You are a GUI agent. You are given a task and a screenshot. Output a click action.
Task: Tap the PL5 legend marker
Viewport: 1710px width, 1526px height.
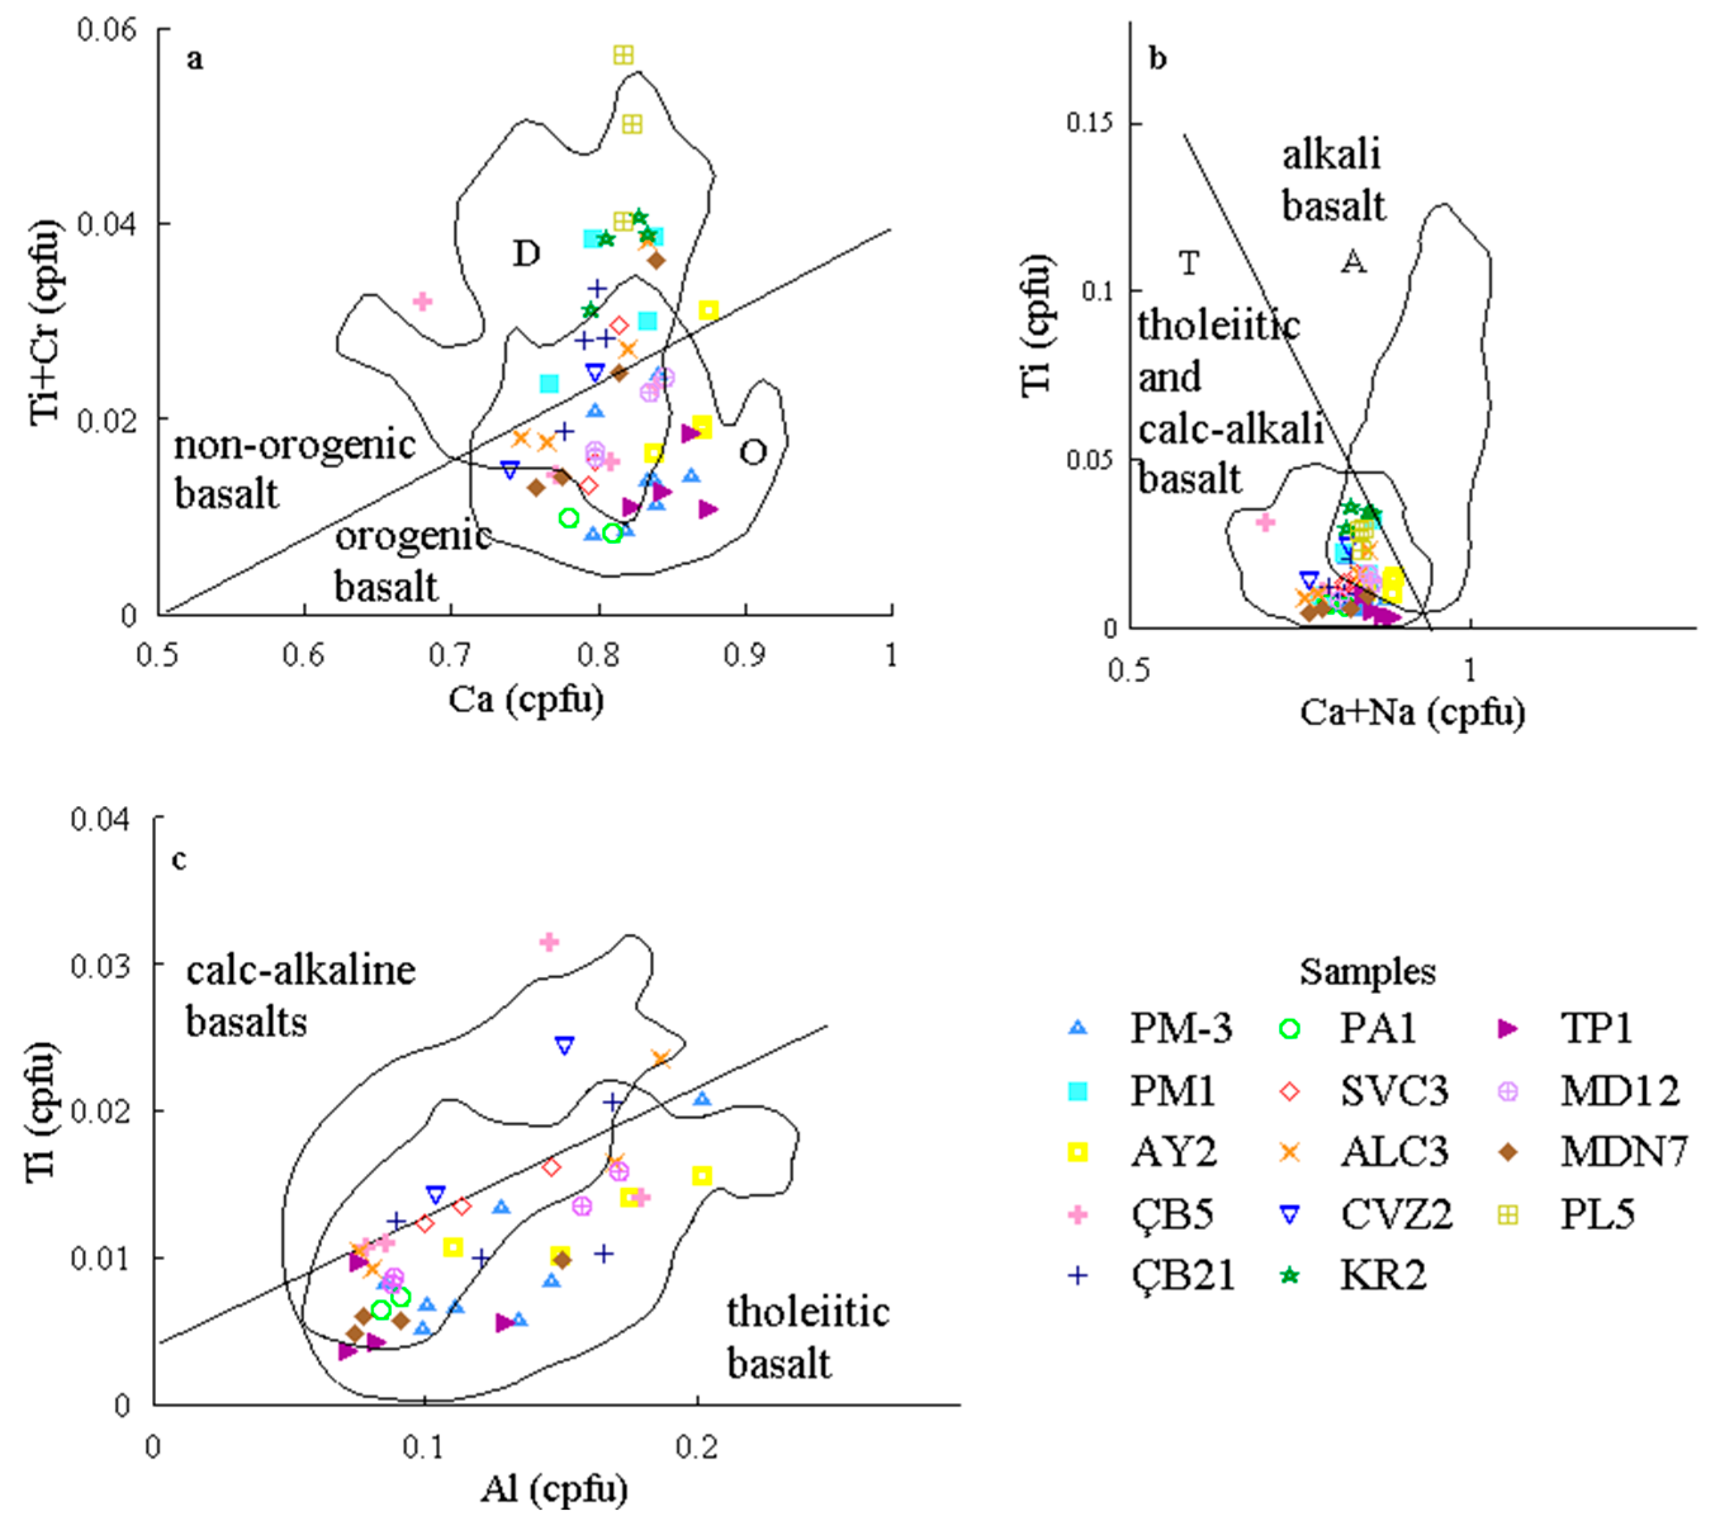tap(1507, 1215)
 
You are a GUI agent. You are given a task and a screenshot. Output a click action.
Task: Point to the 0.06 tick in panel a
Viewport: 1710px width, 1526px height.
tap(106, 29)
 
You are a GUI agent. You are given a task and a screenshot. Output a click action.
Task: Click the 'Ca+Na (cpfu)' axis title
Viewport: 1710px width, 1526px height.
tap(1412, 713)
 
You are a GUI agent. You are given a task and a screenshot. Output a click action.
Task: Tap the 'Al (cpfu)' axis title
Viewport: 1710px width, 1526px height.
tap(554, 1488)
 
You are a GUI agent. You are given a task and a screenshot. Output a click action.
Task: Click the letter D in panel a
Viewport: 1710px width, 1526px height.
tap(526, 252)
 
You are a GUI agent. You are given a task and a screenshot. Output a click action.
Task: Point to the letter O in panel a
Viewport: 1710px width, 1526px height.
tap(752, 452)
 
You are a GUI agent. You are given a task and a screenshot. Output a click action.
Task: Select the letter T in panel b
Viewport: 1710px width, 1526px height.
tap(1189, 262)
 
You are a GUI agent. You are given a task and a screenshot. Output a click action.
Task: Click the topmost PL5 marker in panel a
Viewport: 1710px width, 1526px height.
tap(623, 55)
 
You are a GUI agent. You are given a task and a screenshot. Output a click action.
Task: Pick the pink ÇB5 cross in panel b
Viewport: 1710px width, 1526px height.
tap(1265, 522)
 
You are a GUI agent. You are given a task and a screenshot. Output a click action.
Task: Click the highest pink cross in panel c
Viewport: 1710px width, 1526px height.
tap(549, 942)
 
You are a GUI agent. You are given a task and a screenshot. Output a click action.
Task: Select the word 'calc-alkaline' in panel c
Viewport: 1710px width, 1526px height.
tap(300, 971)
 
